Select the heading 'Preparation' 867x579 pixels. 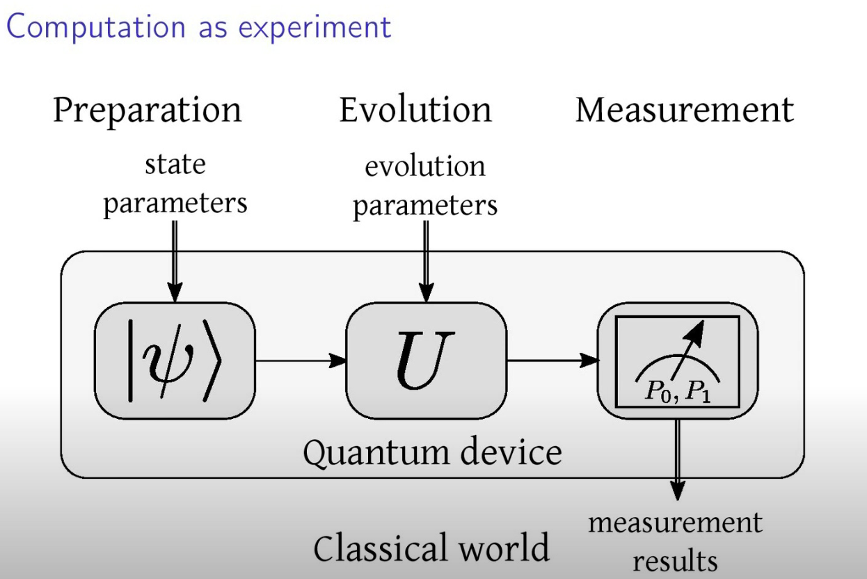click(148, 110)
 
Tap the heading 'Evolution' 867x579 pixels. click(415, 110)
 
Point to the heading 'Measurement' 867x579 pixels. click(684, 110)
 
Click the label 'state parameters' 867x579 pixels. click(175, 184)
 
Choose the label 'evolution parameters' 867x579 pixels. click(425, 187)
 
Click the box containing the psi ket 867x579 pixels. click(175, 360)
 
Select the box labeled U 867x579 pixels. click(426, 360)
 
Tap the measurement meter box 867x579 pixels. click(677, 360)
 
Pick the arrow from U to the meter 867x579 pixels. click(552, 360)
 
